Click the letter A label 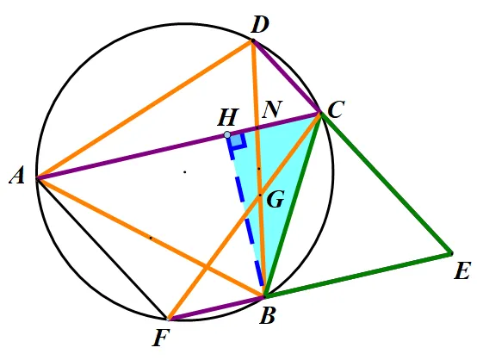click(17, 177)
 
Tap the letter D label click(260, 25)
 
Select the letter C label click(336, 109)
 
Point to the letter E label click(462, 271)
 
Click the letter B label click(267, 316)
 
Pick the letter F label click(161, 338)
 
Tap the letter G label click(276, 200)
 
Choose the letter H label click(228, 117)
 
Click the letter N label click(272, 109)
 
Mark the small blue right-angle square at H click(238, 141)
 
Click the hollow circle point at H click(227, 135)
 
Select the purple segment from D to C click(287, 77)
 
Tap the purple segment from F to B click(216, 308)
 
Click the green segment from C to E click(387, 183)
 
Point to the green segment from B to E click(357, 276)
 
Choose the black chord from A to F click(102, 248)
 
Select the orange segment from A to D click(145, 109)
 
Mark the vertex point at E click(451, 253)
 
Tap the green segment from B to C click(293, 205)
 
